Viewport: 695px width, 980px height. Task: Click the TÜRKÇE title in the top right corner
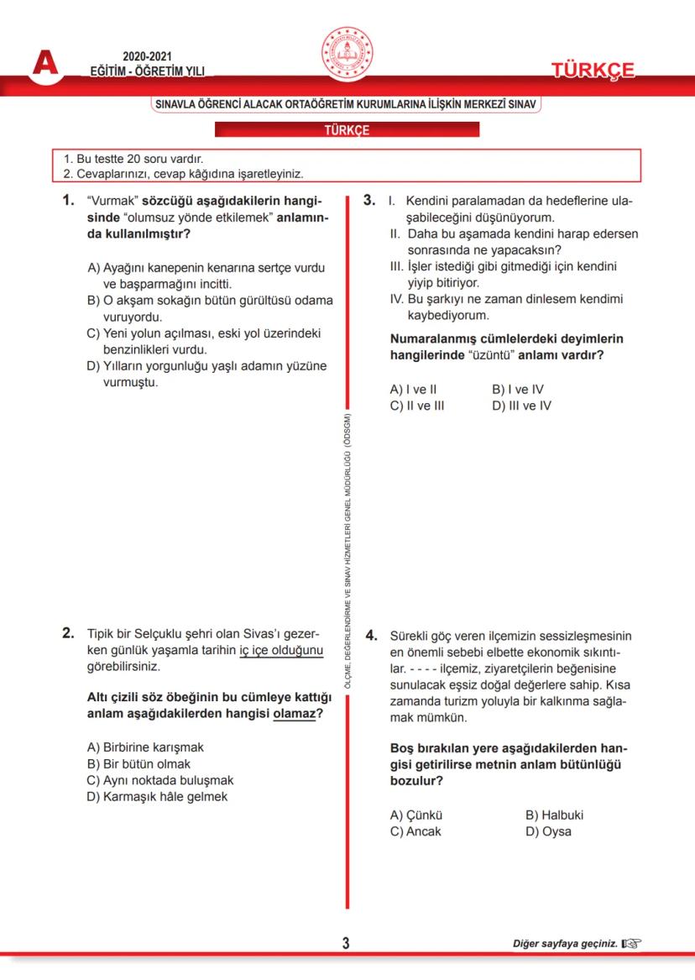click(x=593, y=71)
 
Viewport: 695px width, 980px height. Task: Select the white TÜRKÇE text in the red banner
click(x=347, y=130)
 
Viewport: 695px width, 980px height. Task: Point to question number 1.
click(x=69, y=202)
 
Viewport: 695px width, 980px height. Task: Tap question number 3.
click(x=370, y=202)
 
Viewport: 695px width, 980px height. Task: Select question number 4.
click(x=371, y=637)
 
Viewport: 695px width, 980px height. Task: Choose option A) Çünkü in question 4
click(x=416, y=815)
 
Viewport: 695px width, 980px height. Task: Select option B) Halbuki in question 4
click(x=554, y=815)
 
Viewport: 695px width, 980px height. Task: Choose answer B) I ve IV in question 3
click(x=518, y=390)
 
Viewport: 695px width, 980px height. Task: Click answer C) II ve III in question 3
click(x=417, y=406)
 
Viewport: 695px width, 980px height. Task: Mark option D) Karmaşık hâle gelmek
click(x=157, y=796)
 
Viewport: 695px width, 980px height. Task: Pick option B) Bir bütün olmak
click(x=138, y=763)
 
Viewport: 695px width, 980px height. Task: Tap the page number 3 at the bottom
click(x=346, y=943)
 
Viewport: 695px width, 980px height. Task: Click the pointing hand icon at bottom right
click(x=631, y=944)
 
